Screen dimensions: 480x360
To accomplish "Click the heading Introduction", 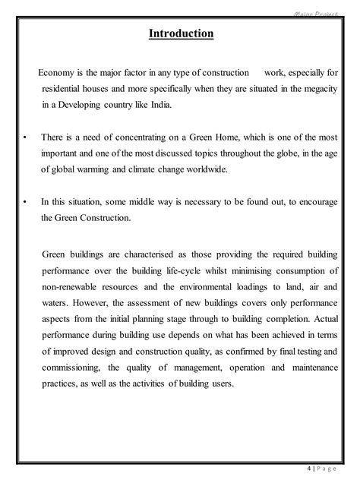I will click(179, 34).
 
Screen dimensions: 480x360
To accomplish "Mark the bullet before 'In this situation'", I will click(26, 202).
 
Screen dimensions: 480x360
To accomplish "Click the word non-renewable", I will click(72, 284).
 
